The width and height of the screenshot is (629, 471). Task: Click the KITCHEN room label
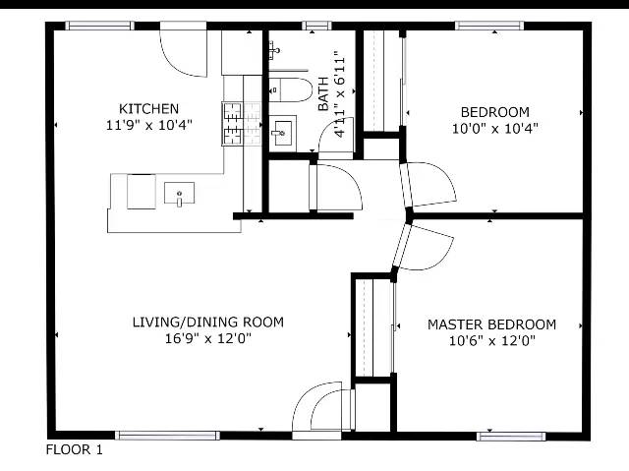pos(148,109)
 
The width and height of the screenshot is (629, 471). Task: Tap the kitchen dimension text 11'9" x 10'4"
pos(148,125)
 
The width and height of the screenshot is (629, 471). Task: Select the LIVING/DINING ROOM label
pos(208,323)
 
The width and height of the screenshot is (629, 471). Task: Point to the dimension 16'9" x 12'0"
pos(208,338)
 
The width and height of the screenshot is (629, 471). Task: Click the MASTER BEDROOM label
pos(491,324)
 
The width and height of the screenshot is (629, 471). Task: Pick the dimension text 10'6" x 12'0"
pos(491,341)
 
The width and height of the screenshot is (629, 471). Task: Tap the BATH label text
pos(323,93)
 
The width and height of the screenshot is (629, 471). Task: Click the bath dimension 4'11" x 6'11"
pos(339,94)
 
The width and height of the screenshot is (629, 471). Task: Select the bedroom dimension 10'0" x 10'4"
pos(495,129)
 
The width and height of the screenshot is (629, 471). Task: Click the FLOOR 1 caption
pos(75,449)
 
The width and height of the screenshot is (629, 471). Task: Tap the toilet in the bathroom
pos(291,89)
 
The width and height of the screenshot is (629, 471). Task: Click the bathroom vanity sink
pos(282,131)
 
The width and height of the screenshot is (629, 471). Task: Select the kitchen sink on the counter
pos(179,194)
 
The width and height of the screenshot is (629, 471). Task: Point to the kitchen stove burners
pos(233,124)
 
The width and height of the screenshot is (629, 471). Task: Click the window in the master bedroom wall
pos(511,437)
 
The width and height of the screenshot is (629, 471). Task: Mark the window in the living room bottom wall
pos(167,436)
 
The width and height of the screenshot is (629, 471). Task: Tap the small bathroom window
pos(316,27)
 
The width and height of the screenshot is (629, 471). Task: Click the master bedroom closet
pos(373,328)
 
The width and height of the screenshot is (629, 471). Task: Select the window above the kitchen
pos(99,26)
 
